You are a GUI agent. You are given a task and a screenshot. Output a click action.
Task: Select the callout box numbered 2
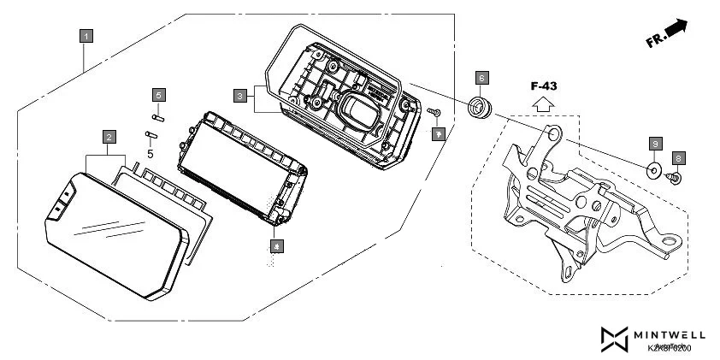pyautogui.click(x=109, y=137)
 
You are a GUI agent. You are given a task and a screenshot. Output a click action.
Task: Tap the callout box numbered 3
pyautogui.click(x=240, y=94)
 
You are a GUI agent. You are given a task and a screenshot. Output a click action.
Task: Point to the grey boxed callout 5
pyautogui.click(x=158, y=94)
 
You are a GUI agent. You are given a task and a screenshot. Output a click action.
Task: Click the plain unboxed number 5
pyautogui.click(x=150, y=155)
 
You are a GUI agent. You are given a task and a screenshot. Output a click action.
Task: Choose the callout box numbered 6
pyautogui.click(x=481, y=78)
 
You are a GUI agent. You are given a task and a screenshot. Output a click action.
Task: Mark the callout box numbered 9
pyautogui.click(x=655, y=143)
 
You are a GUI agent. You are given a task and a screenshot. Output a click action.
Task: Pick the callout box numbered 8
pyautogui.click(x=678, y=158)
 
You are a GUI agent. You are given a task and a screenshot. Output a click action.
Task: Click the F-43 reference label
pyautogui.click(x=542, y=86)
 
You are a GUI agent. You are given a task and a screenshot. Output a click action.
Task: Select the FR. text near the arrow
pyautogui.click(x=656, y=40)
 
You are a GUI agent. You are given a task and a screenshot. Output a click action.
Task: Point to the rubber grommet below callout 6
pyautogui.click(x=479, y=109)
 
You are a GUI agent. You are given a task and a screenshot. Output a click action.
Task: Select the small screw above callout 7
pyautogui.click(x=434, y=112)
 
